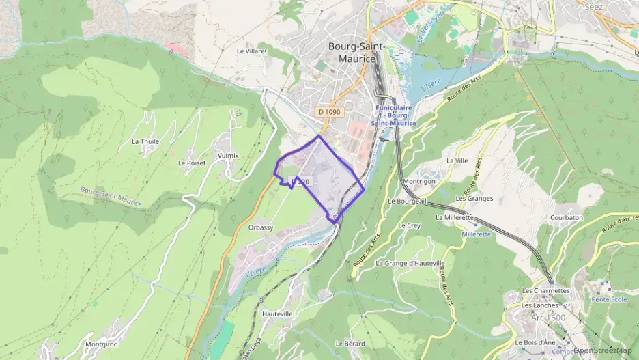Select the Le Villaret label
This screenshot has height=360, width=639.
coord(251,51)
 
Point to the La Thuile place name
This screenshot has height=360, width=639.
coord(144,141)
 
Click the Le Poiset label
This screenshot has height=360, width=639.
coord(192,163)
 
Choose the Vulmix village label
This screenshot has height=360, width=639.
coord(228,156)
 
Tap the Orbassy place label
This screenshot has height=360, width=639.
coord(261,227)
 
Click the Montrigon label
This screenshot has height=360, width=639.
coord(419,181)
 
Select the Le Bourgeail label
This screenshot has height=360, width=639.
coord(407,202)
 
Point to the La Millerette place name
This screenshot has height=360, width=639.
coord(455,217)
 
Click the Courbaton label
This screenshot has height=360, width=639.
coord(567,217)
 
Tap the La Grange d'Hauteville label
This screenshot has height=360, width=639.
coord(410,263)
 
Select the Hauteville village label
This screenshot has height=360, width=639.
coord(277,314)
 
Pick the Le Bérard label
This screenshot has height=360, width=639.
coord(350,343)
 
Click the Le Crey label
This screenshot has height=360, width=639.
coord(409,225)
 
